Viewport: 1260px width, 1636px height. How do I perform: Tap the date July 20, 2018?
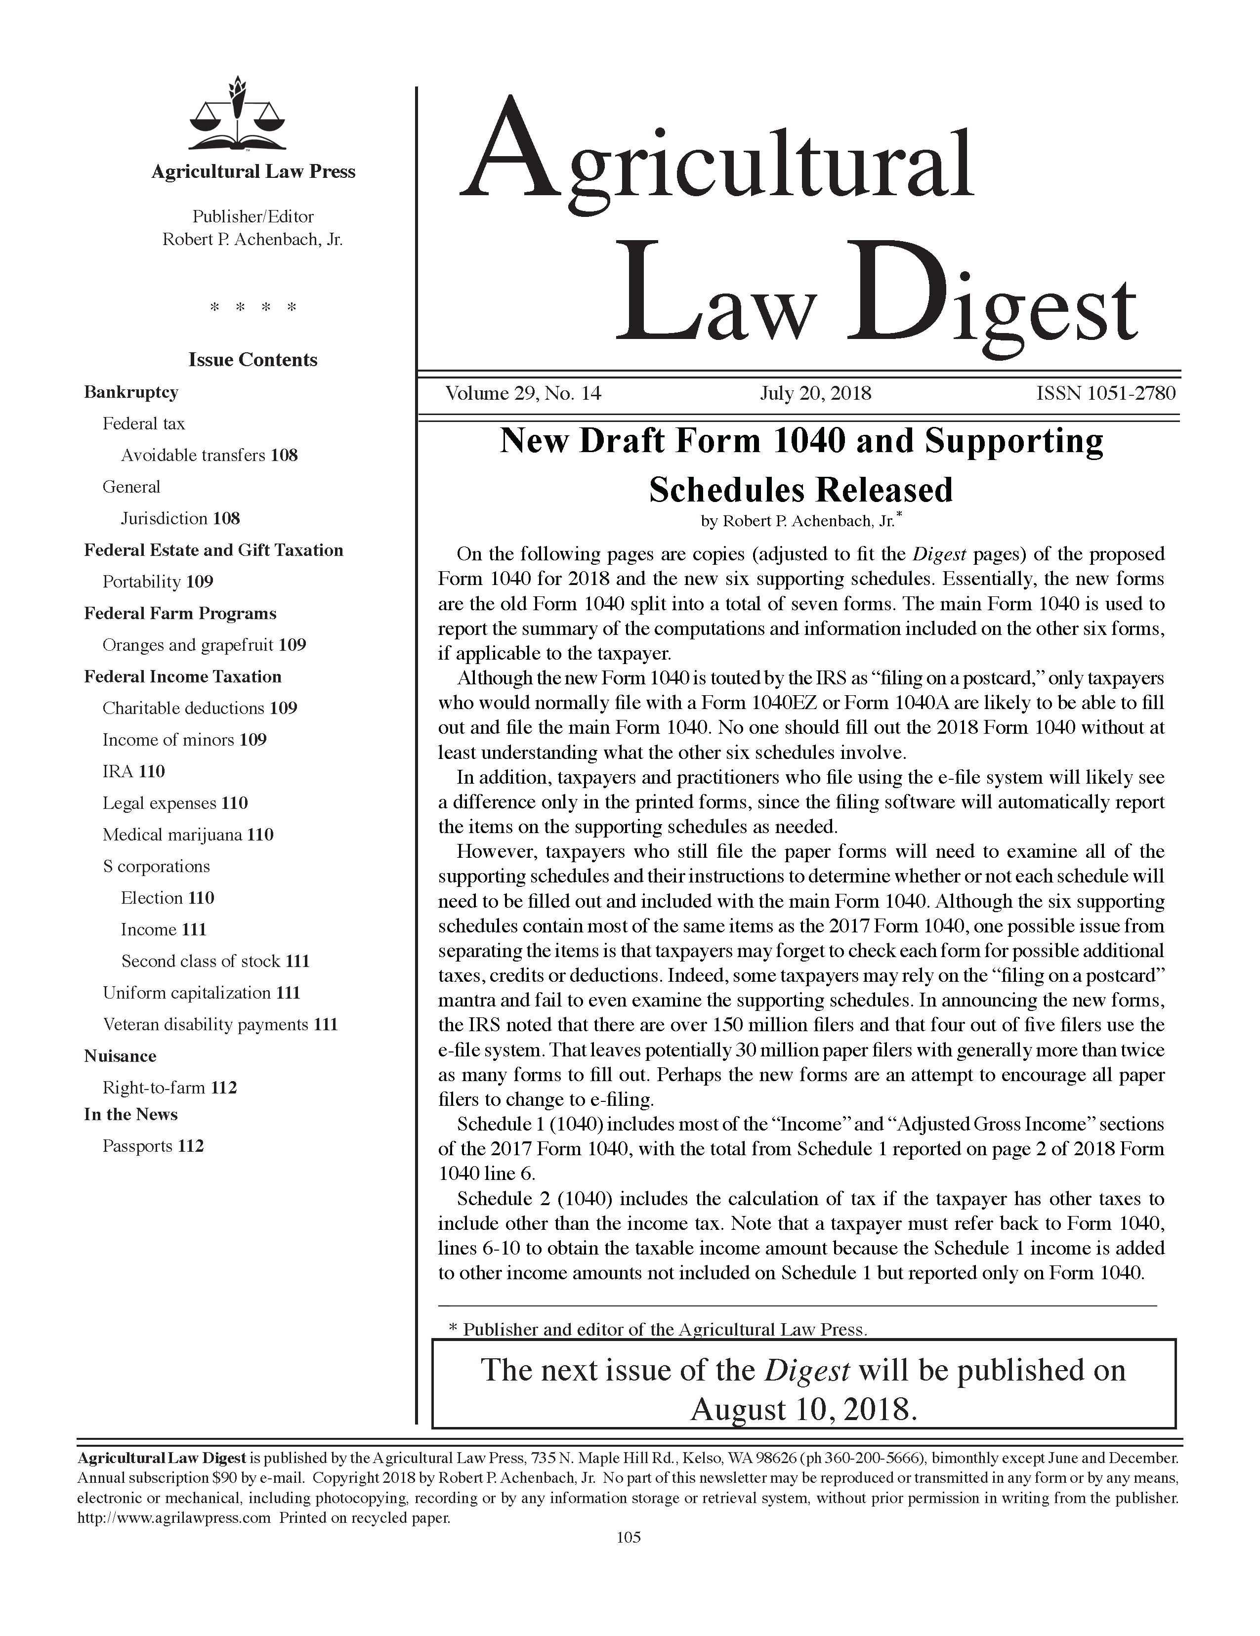(x=815, y=393)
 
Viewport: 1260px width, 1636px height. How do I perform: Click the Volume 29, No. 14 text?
(x=523, y=393)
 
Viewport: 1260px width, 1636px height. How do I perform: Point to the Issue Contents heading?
(x=252, y=360)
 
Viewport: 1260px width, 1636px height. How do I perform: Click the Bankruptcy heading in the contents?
(x=131, y=392)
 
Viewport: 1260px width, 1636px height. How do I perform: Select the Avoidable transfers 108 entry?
(x=209, y=456)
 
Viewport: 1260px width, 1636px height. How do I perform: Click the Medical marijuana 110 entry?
(x=188, y=835)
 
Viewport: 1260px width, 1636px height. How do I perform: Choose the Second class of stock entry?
(x=215, y=961)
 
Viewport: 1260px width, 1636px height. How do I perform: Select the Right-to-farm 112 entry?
(x=169, y=1088)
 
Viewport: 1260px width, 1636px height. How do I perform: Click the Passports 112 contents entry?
(x=153, y=1146)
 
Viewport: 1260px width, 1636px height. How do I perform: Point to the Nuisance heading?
(x=120, y=1056)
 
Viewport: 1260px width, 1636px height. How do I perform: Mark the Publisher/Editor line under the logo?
(x=252, y=216)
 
